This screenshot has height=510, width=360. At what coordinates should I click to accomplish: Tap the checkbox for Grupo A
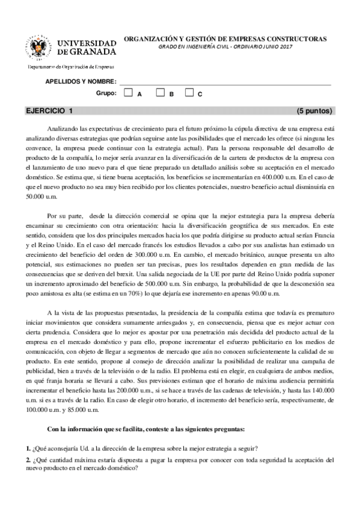tap(129, 93)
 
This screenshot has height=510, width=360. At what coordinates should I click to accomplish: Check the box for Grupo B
tap(160, 93)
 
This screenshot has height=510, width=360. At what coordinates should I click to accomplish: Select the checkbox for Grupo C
tap(189, 93)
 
